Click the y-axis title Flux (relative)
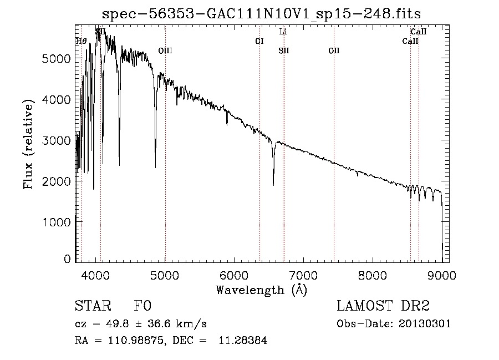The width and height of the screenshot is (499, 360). click(28, 144)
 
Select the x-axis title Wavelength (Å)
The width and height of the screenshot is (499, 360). click(261, 290)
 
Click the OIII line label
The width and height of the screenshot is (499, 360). click(165, 50)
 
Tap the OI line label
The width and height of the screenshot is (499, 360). click(259, 41)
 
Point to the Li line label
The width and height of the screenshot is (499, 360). click(283, 32)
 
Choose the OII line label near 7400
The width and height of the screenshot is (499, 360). click(334, 50)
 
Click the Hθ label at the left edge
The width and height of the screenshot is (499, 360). click(82, 41)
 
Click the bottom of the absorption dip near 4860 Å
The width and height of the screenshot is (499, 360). click(155, 166)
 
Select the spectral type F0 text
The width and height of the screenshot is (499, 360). click(143, 306)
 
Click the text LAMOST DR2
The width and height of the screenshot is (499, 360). click(383, 306)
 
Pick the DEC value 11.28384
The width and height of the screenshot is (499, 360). click(246, 341)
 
